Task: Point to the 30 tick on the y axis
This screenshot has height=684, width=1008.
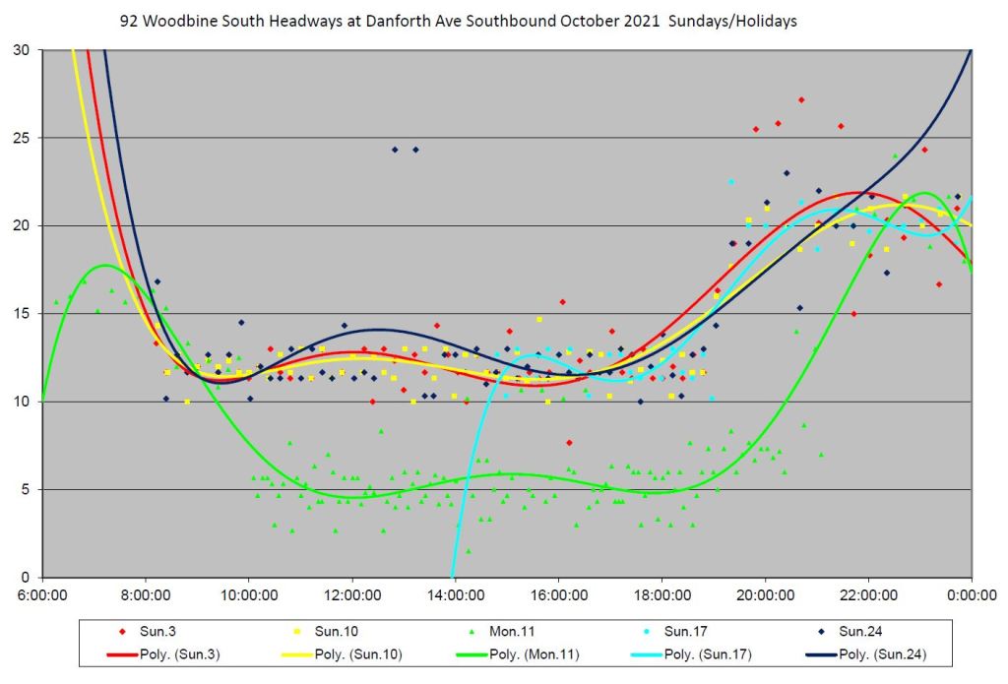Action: click(x=22, y=50)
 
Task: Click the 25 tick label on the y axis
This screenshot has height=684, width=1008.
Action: click(x=22, y=138)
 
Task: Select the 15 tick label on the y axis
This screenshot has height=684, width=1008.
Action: click(x=22, y=314)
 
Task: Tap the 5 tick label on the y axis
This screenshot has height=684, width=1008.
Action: click(x=26, y=489)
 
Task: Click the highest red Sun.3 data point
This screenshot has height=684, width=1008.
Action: click(x=801, y=99)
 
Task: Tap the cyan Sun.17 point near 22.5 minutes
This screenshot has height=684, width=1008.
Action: click(x=731, y=182)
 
